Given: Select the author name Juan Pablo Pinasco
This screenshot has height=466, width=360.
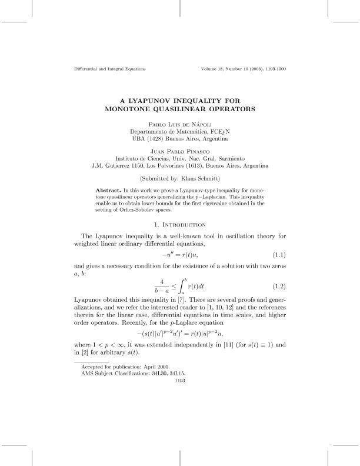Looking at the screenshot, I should pyautogui.click(x=180, y=151).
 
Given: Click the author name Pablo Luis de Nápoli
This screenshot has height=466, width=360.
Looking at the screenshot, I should pyautogui.click(x=180, y=125).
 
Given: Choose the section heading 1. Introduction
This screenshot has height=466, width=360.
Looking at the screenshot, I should pyautogui.click(x=180, y=225).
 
